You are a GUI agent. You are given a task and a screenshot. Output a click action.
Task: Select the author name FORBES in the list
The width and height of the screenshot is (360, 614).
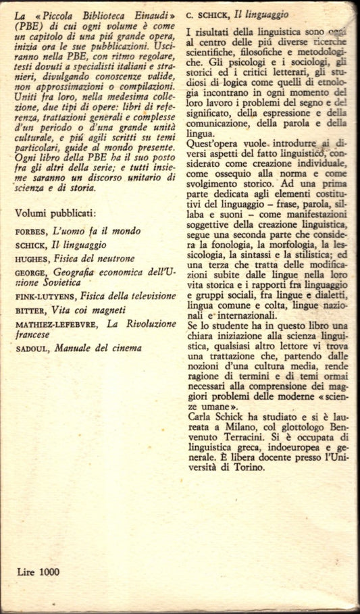[x=28, y=231]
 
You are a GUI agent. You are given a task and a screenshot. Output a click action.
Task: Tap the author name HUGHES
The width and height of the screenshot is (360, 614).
[x=29, y=258]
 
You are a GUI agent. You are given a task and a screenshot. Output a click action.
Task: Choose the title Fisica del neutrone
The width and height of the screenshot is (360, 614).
[x=92, y=258]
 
